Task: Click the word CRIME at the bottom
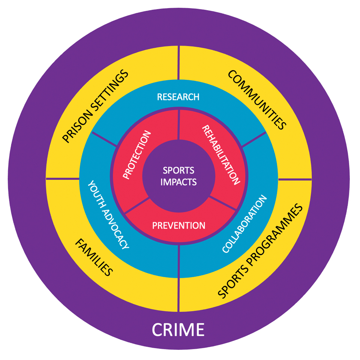click(x=178, y=330)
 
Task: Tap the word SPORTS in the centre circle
click(x=178, y=171)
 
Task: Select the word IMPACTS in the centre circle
click(x=178, y=182)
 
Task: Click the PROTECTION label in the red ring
click(x=137, y=154)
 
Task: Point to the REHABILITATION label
click(x=221, y=155)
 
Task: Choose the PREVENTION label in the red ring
click(x=178, y=226)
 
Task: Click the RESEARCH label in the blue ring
click(x=178, y=97)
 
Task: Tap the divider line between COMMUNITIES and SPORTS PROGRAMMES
click(x=295, y=179)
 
